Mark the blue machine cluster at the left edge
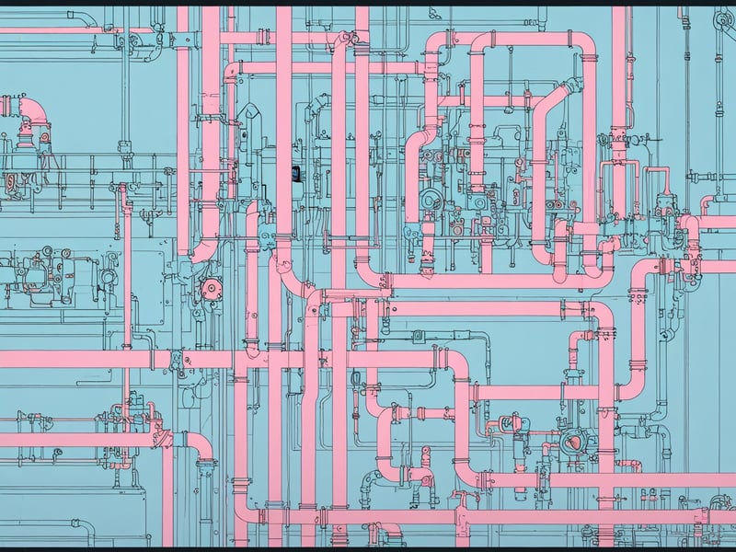pos(37,267)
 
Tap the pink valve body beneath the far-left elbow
pos(26,140)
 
